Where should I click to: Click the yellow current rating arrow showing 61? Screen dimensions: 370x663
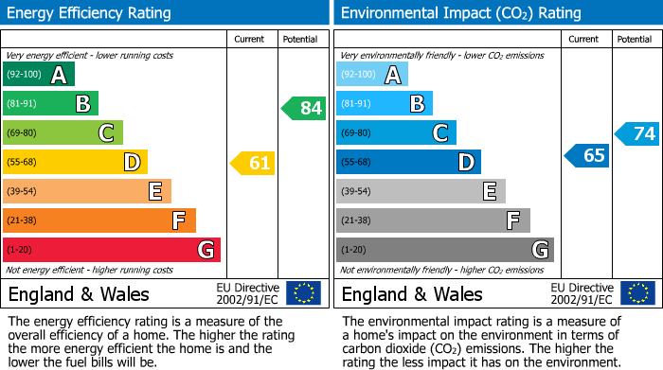[253, 163]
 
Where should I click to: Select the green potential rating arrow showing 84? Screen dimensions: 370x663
[304, 108]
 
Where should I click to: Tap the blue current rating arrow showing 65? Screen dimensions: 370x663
[586, 155]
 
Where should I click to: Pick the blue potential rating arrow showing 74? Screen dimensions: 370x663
[637, 133]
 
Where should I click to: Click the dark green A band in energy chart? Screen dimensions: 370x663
[39, 75]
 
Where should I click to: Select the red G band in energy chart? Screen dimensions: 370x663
[112, 250]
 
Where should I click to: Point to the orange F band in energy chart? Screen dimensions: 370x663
[99, 220]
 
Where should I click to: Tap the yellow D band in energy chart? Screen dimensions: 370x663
[75, 163]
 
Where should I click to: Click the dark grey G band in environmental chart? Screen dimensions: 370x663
[444, 250]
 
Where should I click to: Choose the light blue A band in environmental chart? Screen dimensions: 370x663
[372, 75]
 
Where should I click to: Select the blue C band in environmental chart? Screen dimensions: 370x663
[396, 133]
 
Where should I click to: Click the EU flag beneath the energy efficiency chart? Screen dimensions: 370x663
[303, 293]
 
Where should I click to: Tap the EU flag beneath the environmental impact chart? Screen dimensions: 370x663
[637, 293]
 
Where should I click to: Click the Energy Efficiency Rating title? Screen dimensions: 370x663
[90, 13]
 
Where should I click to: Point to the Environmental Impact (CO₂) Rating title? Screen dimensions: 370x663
[460, 13]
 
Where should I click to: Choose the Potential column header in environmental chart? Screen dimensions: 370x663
[635, 39]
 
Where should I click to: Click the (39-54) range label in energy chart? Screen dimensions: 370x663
[22, 192]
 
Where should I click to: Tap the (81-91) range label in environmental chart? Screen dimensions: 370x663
[356, 104]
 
